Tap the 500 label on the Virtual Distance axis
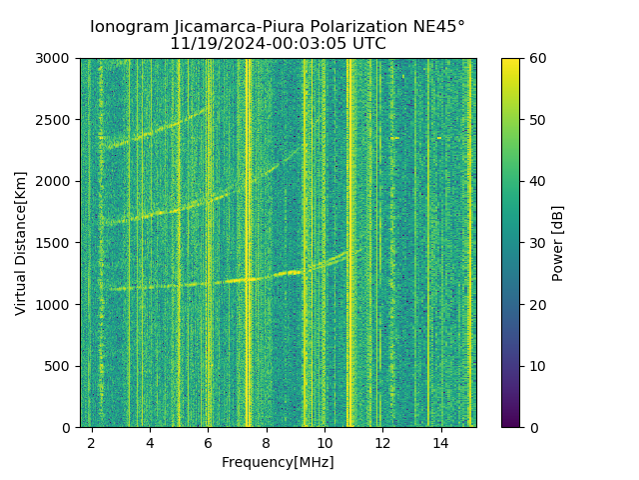(x=62, y=366)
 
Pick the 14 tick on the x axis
(x=440, y=428)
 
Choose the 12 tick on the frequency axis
(x=382, y=428)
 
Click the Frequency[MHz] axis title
(x=278, y=462)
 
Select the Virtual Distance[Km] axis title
(x=21, y=243)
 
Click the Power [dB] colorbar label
(x=558, y=243)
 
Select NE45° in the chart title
(x=438, y=27)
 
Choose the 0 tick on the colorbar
(x=520, y=427)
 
